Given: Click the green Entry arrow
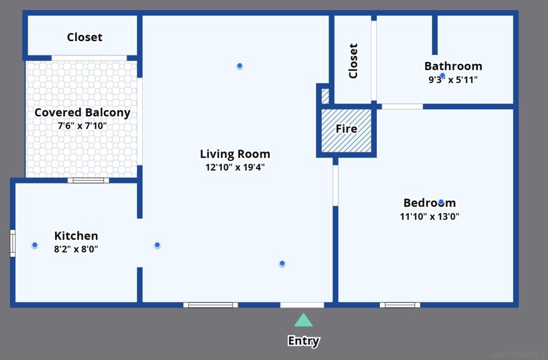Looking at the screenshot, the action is pyautogui.click(x=303, y=320).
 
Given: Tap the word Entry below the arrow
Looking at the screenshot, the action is pyautogui.click(x=303, y=341).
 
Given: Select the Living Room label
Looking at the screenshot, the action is pyautogui.click(x=235, y=154).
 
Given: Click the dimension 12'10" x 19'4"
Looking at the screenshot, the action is pyautogui.click(x=235, y=167).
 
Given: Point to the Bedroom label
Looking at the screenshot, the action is pyautogui.click(x=430, y=203).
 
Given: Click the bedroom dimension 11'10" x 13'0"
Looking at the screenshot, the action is pyautogui.click(x=430, y=217).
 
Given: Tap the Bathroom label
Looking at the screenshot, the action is pyautogui.click(x=453, y=66).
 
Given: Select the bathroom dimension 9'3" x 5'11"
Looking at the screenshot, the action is pyautogui.click(x=453, y=80).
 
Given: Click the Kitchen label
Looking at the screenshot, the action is pyautogui.click(x=76, y=236).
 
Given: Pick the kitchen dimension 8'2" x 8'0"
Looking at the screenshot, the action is pyautogui.click(x=76, y=249).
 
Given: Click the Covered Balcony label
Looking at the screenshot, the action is pyautogui.click(x=82, y=113).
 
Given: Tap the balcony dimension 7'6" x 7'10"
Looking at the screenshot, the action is pyautogui.click(x=82, y=126).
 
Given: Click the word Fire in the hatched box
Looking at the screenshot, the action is pyautogui.click(x=346, y=129).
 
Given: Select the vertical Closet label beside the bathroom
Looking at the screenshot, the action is pyautogui.click(x=353, y=61).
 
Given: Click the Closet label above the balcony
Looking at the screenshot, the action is pyautogui.click(x=85, y=37).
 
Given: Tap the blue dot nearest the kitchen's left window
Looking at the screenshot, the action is pyautogui.click(x=35, y=245).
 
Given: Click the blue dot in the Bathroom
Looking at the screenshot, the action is pyautogui.click(x=443, y=75).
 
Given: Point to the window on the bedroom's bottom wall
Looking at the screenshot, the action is pyautogui.click(x=400, y=305).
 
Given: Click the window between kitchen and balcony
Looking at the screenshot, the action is pyautogui.click(x=88, y=180).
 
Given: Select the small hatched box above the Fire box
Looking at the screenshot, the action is pyautogui.click(x=325, y=96).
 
